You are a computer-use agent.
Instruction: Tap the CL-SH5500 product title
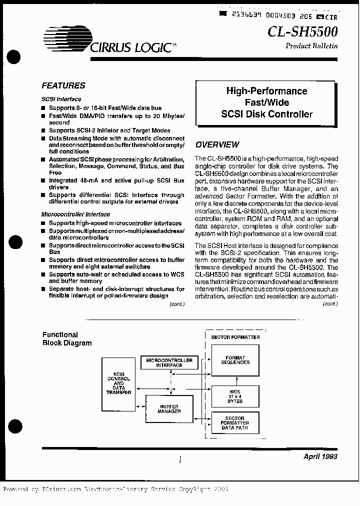(x=302, y=31)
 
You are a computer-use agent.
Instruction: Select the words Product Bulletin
(x=311, y=46)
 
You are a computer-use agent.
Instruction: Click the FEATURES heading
(x=63, y=85)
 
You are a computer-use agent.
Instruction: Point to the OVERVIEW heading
(x=217, y=145)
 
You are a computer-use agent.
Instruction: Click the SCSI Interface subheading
(x=61, y=99)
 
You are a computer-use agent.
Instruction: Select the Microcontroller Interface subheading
(x=75, y=214)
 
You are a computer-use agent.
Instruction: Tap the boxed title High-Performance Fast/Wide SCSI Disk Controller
(x=266, y=102)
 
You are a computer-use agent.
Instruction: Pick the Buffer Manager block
(x=168, y=409)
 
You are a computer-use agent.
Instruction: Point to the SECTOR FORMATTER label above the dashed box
(x=235, y=337)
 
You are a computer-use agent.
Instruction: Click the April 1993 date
(x=320, y=456)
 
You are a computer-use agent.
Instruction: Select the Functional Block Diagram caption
(x=67, y=339)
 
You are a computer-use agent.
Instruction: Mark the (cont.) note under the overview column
(x=330, y=303)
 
